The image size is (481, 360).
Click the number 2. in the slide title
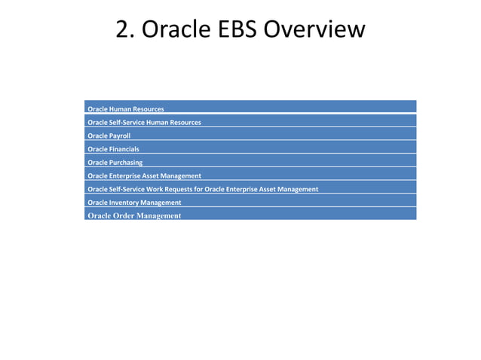(x=125, y=29)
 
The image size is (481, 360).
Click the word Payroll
(x=120, y=136)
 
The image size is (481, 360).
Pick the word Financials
(x=124, y=149)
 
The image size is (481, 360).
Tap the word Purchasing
(x=126, y=163)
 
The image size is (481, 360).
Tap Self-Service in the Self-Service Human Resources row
(x=126, y=123)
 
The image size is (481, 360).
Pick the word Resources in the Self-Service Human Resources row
(x=184, y=123)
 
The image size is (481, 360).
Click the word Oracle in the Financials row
(x=97, y=149)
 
